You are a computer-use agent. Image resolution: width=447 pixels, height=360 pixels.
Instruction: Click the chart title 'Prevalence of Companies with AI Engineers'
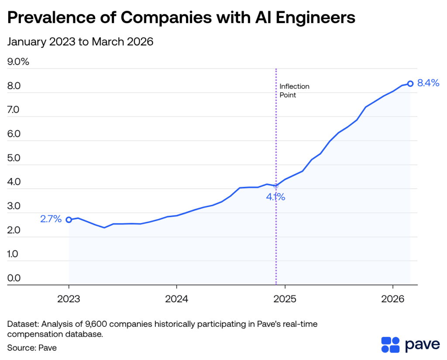[181, 18]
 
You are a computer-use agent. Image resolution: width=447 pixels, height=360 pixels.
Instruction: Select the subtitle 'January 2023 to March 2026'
[80, 42]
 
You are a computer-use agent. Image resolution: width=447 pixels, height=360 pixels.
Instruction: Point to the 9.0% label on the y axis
[18, 62]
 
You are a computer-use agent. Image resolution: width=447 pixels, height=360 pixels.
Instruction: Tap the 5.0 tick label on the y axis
[14, 158]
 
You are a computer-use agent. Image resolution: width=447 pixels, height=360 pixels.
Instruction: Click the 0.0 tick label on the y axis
[14, 278]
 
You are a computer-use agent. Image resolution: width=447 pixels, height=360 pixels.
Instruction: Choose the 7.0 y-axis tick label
[14, 110]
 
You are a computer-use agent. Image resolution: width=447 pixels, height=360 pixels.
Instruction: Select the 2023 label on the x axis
[69, 300]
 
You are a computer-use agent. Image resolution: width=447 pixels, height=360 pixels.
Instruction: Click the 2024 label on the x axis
[176, 300]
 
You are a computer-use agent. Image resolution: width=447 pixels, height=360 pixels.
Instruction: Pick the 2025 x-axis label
[285, 300]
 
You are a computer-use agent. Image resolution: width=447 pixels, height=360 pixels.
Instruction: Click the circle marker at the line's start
[69, 220]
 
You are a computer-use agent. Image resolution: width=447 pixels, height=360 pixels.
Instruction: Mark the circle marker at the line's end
[410, 83]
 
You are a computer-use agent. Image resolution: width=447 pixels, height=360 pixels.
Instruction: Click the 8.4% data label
[428, 83]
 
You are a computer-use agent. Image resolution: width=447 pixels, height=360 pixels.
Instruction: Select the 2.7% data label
[51, 219]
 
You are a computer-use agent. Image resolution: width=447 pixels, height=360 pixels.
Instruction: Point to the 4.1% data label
[276, 197]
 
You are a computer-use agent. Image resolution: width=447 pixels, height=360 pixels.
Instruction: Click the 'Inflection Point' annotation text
[294, 90]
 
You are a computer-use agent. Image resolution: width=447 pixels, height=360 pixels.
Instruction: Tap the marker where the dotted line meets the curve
[276, 186]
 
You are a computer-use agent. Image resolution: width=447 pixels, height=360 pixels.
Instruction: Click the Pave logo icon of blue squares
[390, 344]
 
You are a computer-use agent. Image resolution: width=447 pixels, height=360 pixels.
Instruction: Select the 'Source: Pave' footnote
[32, 348]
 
